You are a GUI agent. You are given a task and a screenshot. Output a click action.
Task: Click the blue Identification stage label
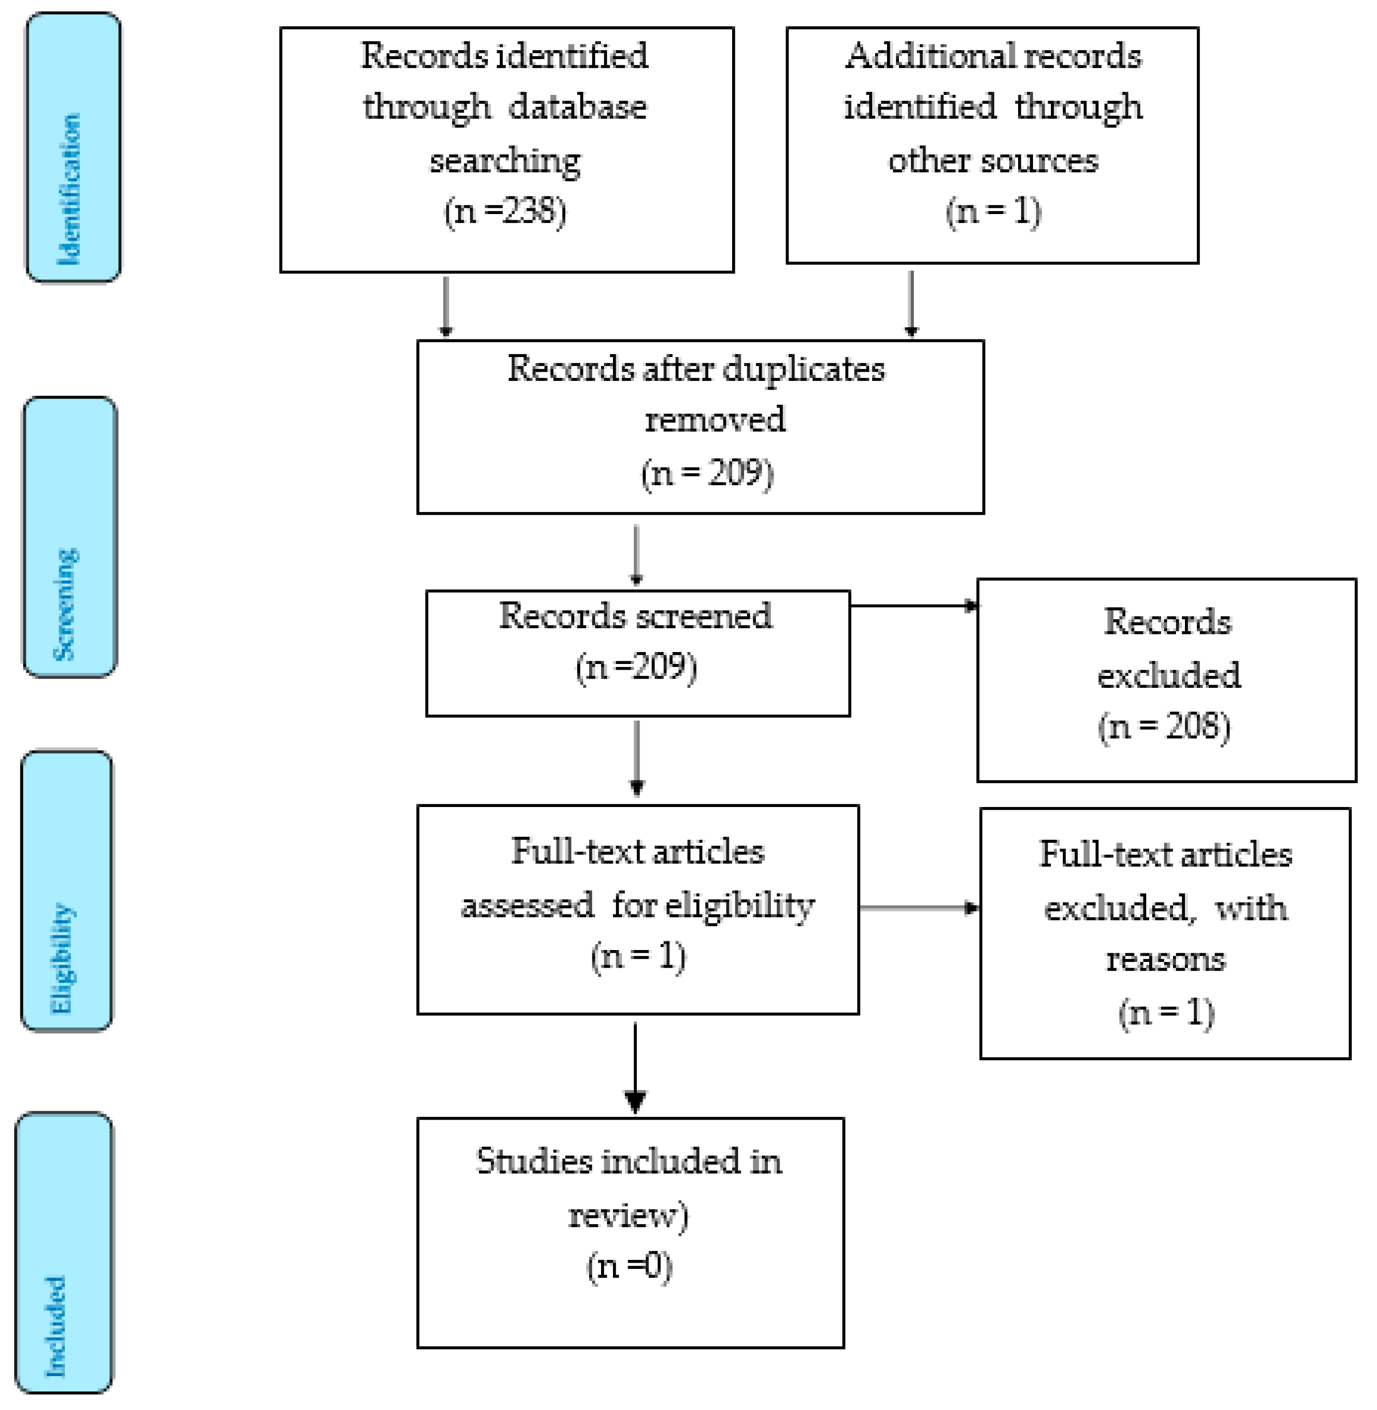pyautogui.click(x=72, y=147)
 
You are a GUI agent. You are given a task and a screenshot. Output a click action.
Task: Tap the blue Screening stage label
pyautogui.click(x=70, y=537)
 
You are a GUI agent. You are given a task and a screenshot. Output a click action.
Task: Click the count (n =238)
pyautogui.click(x=505, y=211)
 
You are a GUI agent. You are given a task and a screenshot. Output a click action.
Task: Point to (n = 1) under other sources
pyautogui.click(x=993, y=211)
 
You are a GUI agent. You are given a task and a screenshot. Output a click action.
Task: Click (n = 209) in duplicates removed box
pyautogui.click(x=707, y=473)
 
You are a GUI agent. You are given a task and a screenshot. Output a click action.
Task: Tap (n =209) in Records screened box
pyautogui.click(x=636, y=666)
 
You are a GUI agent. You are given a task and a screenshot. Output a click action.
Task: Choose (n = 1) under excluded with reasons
pyautogui.click(x=1166, y=1012)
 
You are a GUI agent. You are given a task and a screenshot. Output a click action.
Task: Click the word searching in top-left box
pyautogui.click(x=505, y=160)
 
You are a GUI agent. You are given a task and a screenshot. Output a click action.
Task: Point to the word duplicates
pyautogui.click(x=803, y=369)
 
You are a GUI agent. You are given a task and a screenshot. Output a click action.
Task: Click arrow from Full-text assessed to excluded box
pyautogui.click(x=918, y=907)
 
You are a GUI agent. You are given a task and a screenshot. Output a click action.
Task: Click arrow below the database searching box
pyautogui.click(x=446, y=307)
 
